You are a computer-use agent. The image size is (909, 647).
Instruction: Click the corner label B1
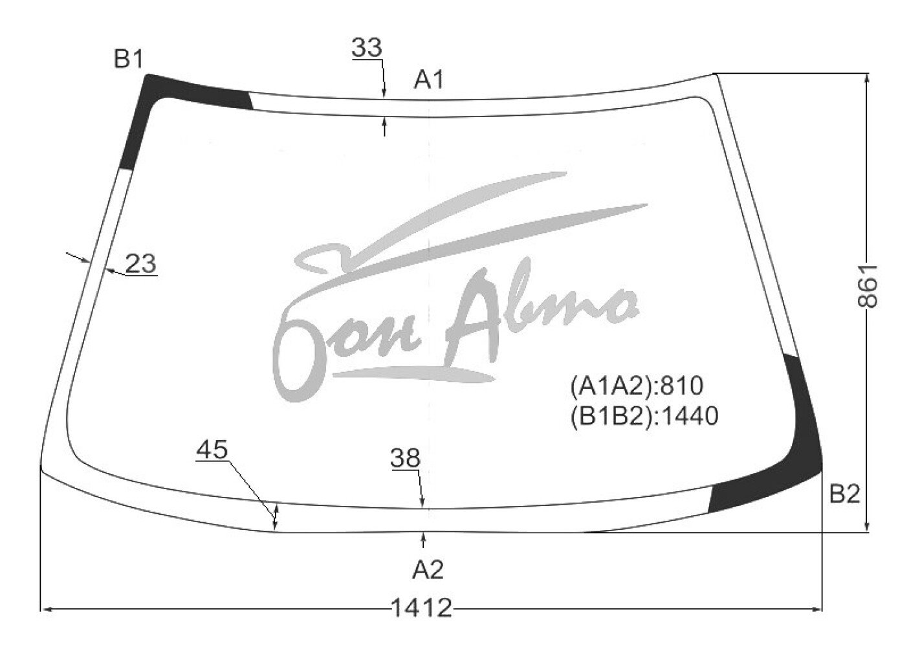point(129,60)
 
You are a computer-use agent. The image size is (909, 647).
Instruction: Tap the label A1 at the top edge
point(428,80)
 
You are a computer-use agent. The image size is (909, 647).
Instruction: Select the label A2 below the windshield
point(428,570)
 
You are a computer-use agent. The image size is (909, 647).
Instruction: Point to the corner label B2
point(844,494)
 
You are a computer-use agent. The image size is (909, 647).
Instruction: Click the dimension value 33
point(367,47)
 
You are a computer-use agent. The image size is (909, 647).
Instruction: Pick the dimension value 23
point(141,263)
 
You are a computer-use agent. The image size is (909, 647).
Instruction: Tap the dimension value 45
point(212,450)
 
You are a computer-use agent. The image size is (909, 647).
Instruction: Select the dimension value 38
point(405,458)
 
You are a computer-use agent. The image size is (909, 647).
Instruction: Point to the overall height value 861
point(868,286)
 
